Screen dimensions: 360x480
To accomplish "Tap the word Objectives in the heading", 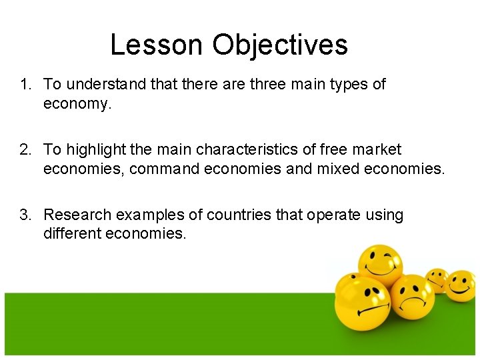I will tap(280, 45).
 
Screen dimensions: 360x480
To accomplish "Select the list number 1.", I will tap(25, 85).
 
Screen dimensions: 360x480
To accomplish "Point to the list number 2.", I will tap(25, 150).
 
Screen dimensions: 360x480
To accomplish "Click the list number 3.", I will tap(25, 215).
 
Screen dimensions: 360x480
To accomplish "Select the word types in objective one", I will tap(348, 85).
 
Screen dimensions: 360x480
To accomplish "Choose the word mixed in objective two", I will tap(334, 169).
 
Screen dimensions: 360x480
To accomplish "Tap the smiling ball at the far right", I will tap(460, 285).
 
